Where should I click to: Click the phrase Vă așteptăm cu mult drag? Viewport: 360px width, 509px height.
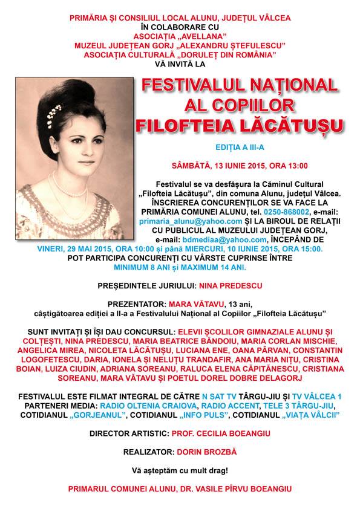coord(180,469)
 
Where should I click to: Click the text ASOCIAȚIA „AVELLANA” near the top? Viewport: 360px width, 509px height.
coord(180,35)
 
